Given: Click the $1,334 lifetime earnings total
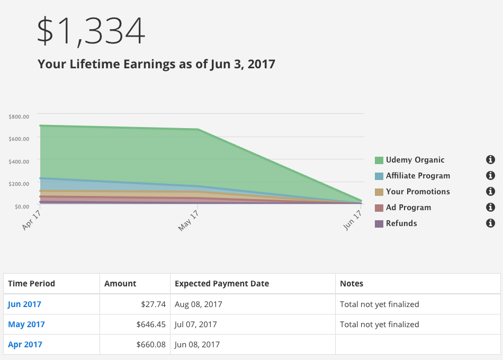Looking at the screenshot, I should click(91, 31).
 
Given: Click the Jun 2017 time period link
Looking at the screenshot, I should click(24, 304).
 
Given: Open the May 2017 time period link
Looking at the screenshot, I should click(26, 325).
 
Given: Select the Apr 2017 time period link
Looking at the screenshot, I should click(25, 345).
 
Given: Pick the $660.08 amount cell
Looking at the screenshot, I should click(151, 345).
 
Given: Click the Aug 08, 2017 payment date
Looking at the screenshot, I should click(199, 304).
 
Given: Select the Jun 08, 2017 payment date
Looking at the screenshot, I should click(197, 345).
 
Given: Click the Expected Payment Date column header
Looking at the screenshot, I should click(222, 284).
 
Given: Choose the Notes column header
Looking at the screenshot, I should click(352, 284).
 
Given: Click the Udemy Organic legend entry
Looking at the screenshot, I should click(415, 160).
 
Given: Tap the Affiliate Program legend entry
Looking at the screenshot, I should click(418, 176).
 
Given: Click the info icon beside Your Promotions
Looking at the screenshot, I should click(490, 192).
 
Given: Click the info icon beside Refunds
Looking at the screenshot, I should click(490, 223).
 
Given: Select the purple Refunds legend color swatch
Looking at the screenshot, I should click(379, 224).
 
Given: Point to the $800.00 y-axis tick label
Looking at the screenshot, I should click(19, 116).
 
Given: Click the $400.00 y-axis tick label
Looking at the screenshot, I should click(19, 161).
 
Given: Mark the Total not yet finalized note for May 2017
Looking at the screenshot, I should click(379, 325).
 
